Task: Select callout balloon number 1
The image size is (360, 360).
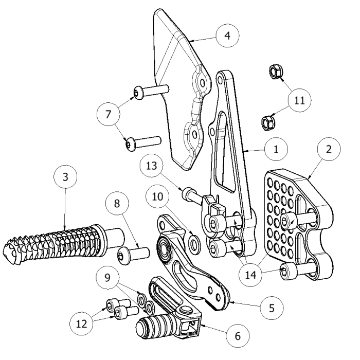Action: click(x=276, y=150)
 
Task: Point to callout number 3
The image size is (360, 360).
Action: click(x=65, y=177)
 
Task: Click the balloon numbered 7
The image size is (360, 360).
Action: click(x=108, y=114)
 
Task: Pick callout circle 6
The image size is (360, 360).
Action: click(x=238, y=335)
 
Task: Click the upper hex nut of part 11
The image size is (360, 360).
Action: click(x=275, y=73)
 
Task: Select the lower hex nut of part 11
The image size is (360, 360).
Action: click(x=268, y=122)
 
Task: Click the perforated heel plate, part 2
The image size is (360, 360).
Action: click(x=293, y=221)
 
